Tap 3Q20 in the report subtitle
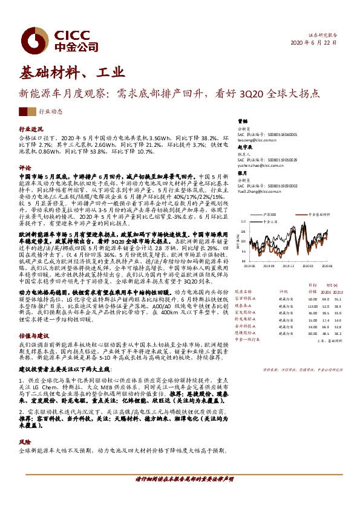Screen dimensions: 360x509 248,94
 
